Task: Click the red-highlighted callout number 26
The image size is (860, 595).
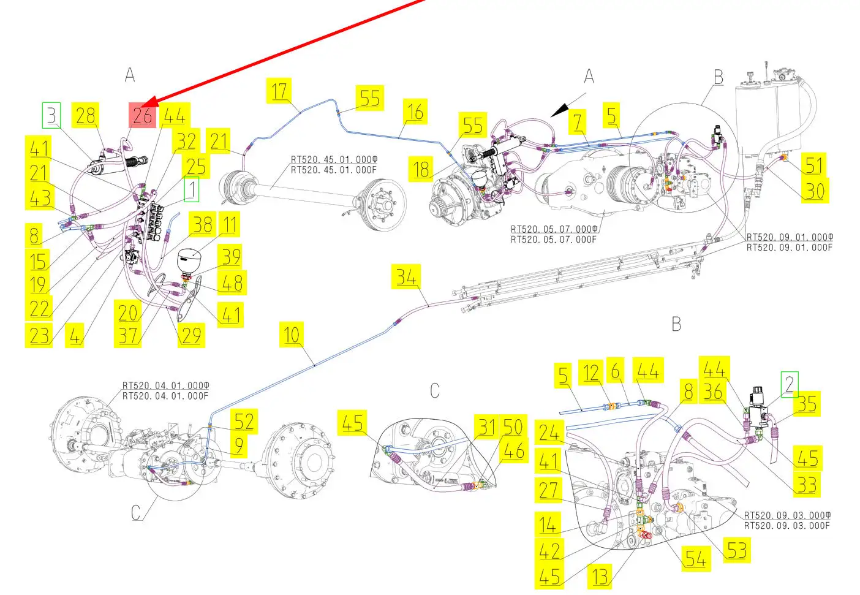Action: (x=143, y=115)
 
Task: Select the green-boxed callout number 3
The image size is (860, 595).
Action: (x=51, y=115)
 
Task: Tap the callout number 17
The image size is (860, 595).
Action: (x=280, y=91)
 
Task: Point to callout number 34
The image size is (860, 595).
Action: (x=406, y=277)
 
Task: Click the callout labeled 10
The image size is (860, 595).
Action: (x=292, y=335)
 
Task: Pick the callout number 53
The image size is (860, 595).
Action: (x=737, y=550)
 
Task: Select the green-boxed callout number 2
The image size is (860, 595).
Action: (x=790, y=384)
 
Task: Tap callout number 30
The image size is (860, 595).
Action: (x=815, y=191)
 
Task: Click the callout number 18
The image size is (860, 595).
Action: (x=422, y=169)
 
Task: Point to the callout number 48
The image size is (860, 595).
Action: (x=232, y=283)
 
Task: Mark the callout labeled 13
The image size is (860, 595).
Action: (x=600, y=576)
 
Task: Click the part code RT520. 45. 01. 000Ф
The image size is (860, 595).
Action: (x=334, y=160)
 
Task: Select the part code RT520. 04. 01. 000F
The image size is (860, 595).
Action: (x=165, y=396)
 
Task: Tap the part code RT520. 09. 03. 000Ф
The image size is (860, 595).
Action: (x=787, y=515)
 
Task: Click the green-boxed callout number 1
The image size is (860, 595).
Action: (x=192, y=190)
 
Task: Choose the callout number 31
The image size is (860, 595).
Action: (x=487, y=426)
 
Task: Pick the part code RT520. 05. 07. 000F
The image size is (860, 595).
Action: (x=553, y=240)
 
